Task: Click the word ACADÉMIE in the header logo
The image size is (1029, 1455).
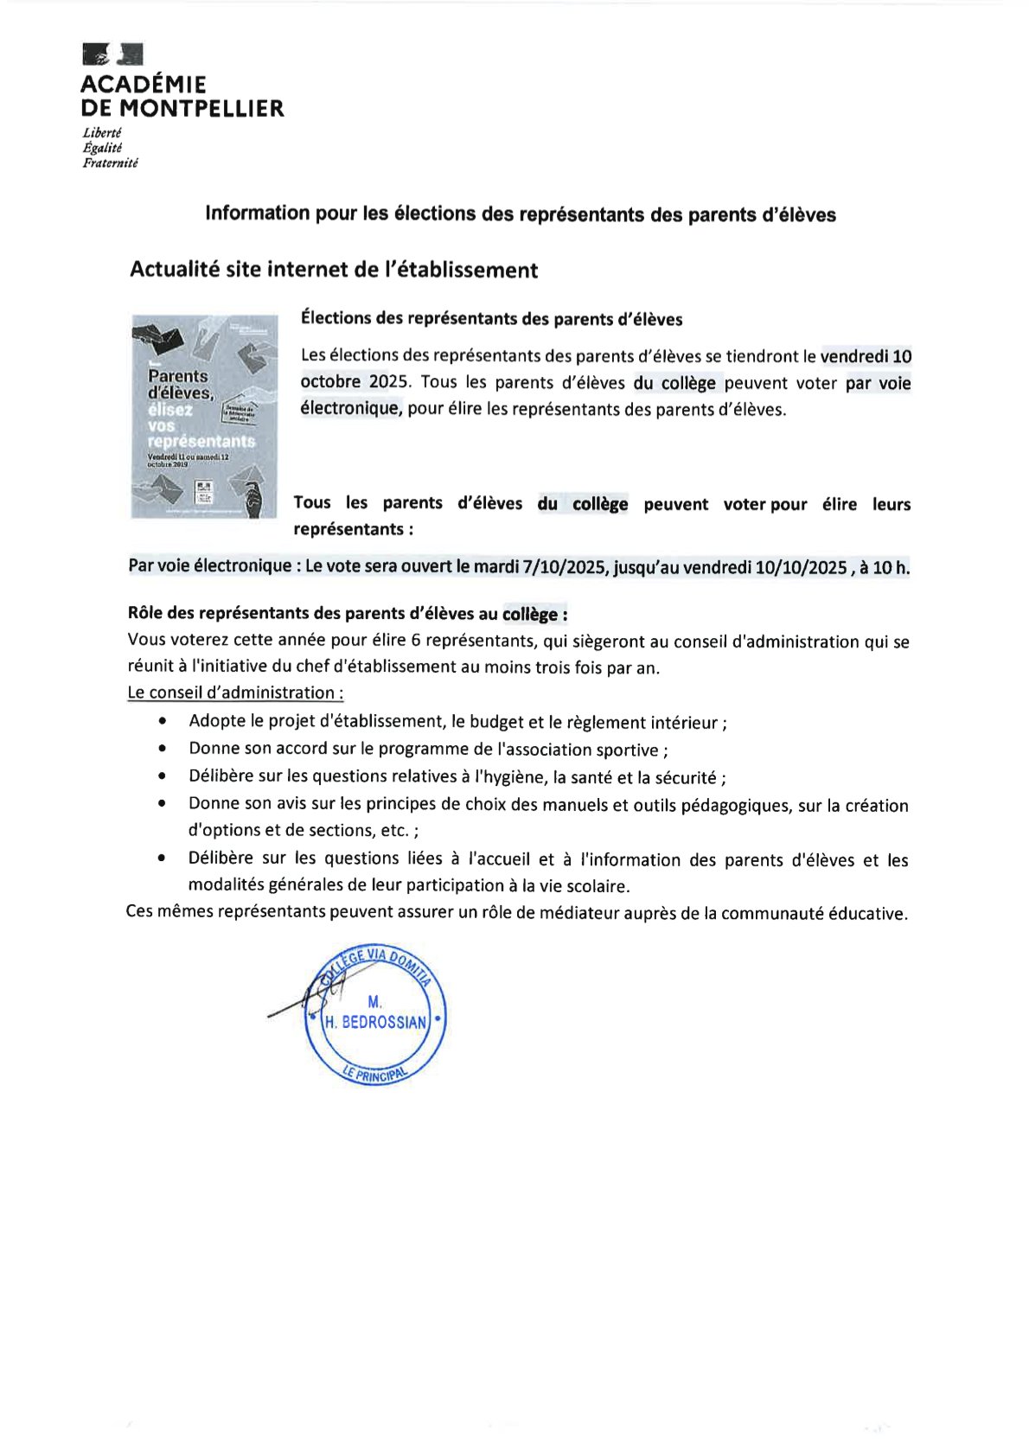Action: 144,85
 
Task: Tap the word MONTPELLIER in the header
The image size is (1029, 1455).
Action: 205,109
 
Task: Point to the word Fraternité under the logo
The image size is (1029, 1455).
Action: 110,163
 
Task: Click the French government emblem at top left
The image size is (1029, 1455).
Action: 112,54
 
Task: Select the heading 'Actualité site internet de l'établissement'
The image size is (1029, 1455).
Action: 334,270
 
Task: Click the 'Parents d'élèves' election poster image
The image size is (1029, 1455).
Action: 204,416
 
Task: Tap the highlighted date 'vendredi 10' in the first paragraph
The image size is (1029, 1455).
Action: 866,356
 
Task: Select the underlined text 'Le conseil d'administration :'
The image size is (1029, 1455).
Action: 235,692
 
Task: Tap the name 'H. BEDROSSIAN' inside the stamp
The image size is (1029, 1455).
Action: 376,1022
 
